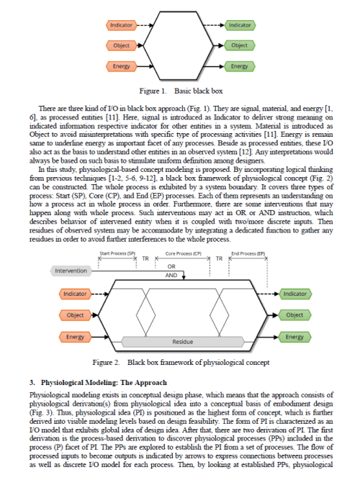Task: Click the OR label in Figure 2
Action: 171,265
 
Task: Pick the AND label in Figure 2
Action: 171,275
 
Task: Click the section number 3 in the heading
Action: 31,382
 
